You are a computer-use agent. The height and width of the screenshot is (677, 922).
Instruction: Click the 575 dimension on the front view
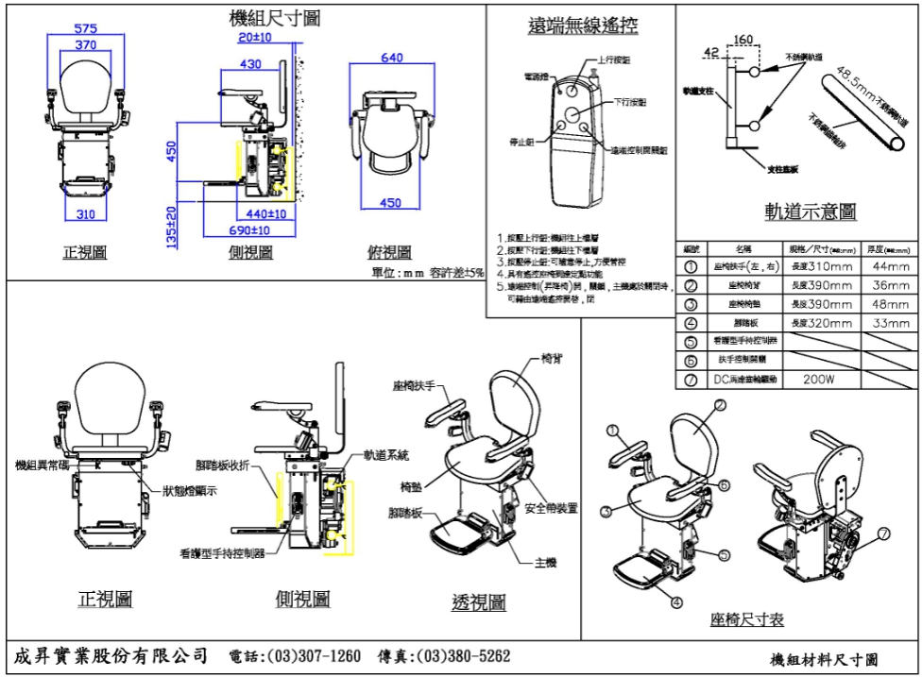tap(85, 28)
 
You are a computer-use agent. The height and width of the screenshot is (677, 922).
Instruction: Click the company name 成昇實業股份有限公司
tap(111, 655)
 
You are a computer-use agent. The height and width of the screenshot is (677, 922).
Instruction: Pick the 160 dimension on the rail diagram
tap(743, 41)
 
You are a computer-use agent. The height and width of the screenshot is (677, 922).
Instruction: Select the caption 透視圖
tap(479, 602)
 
